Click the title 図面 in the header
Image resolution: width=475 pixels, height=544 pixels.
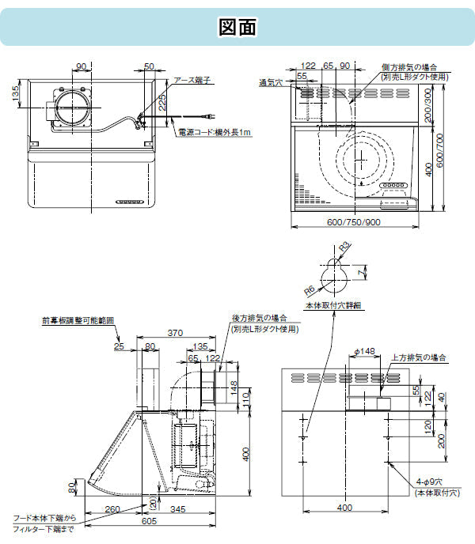pos(237,27)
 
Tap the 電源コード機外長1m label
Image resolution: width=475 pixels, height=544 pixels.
pos(213,133)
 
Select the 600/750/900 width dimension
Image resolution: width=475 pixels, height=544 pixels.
pos(354,222)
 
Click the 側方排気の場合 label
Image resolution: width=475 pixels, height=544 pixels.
pos(408,67)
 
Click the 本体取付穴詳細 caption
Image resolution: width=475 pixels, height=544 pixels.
pos(332,304)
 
